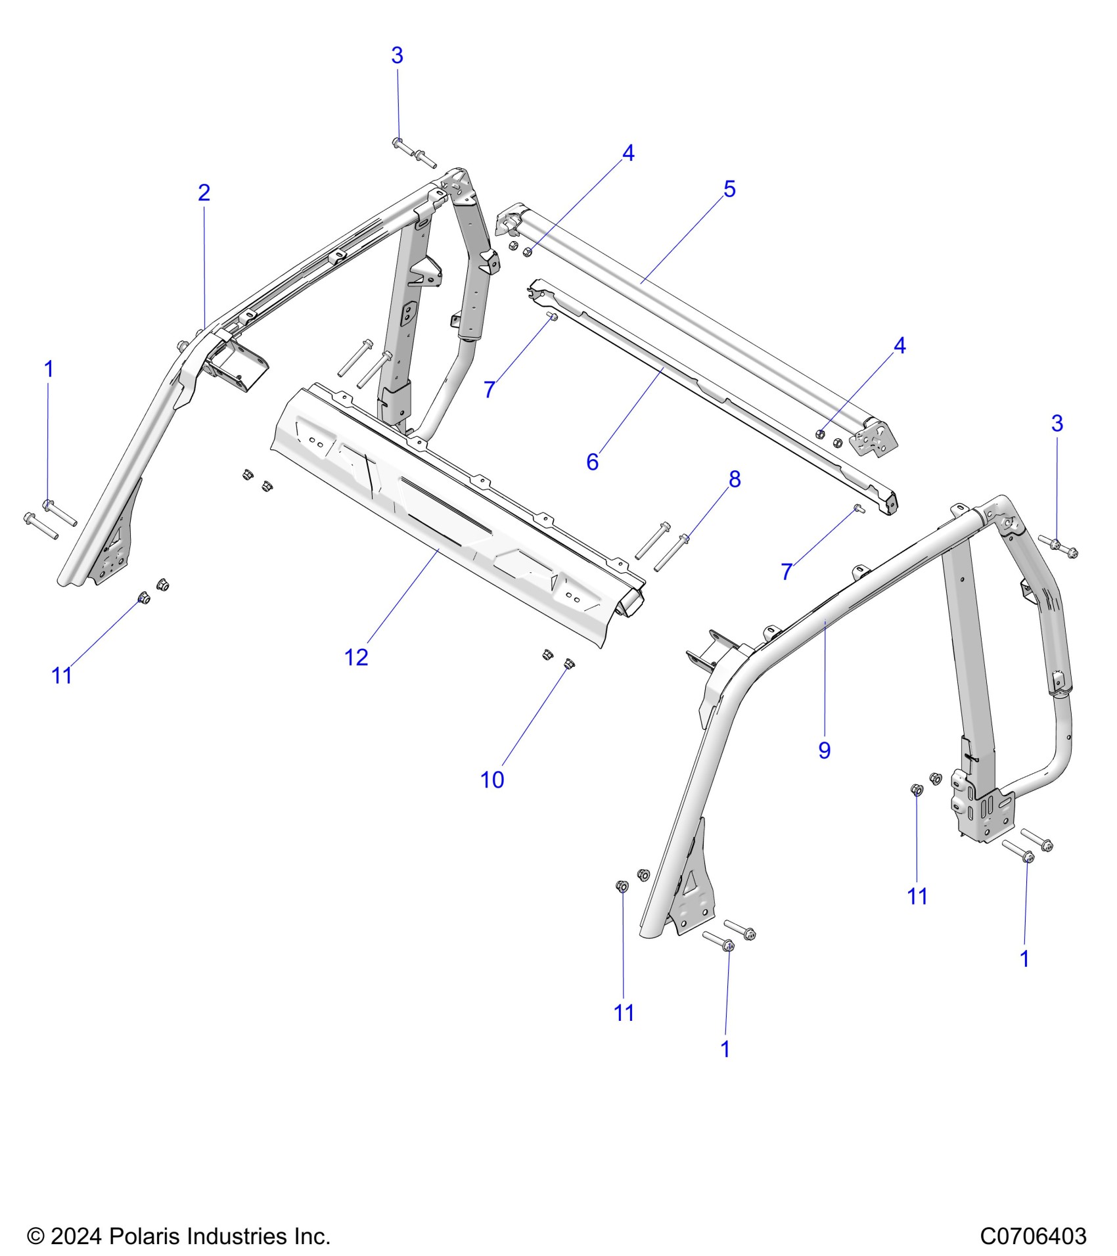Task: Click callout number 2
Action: tap(204, 192)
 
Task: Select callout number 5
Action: tap(729, 189)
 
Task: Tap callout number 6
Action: tap(592, 462)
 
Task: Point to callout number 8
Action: tap(735, 480)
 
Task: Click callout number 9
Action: tap(824, 750)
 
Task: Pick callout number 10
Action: tap(492, 780)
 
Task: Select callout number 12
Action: tap(356, 657)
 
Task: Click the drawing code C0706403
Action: tap(1033, 1236)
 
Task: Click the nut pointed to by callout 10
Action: tap(569, 662)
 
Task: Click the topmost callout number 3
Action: tap(397, 56)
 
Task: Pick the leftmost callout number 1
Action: tap(48, 369)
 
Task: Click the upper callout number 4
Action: tap(628, 153)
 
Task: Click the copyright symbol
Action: tap(34, 1236)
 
